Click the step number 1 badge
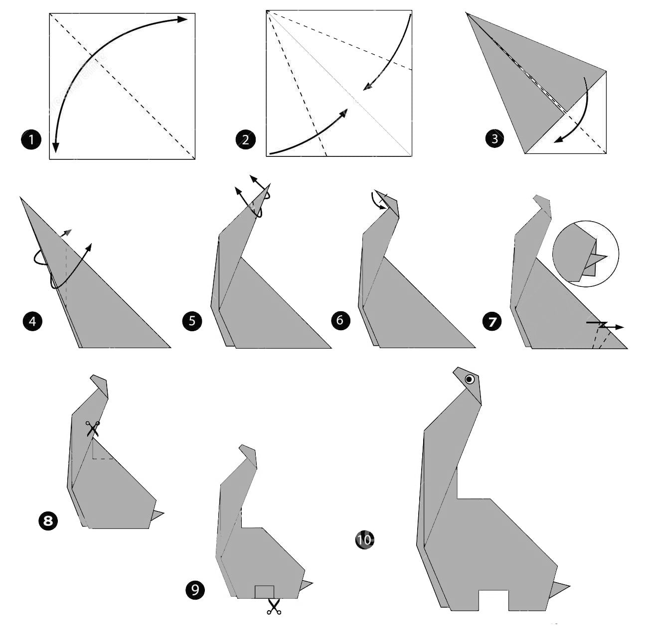point(31,139)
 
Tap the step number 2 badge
point(245,139)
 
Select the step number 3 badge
point(494,138)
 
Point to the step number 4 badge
point(32,322)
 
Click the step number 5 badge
point(192,321)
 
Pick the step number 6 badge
point(340,320)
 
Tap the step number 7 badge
point(492,322)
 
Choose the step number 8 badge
point(48,521)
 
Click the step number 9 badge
point(195,590)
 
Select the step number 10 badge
point(364,539)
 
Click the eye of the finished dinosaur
point(470,380)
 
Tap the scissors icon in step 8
point(93,429)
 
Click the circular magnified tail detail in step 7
point(585,254)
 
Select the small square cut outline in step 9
point(264,592)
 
